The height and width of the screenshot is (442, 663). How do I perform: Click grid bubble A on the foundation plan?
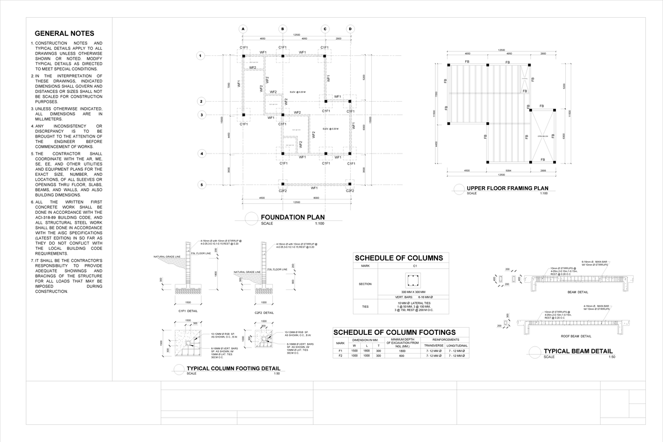(243, 29)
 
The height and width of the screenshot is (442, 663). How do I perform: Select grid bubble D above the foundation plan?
(350, 29)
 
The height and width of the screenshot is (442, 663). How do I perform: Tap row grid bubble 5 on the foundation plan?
(202, 185)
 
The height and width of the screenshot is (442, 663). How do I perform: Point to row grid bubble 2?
(202, 102)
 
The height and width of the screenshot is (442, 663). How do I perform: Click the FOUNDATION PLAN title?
(292, 217)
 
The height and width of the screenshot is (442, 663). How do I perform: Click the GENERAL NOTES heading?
(64, 34)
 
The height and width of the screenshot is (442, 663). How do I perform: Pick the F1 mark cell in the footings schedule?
(340, 351)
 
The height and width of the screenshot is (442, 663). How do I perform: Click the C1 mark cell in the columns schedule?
(413, 266)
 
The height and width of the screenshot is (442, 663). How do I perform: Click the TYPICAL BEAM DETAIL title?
(578, 351)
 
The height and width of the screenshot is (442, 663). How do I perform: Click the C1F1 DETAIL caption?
(188, 311)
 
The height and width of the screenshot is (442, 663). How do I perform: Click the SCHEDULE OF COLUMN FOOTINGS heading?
(394, 331)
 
